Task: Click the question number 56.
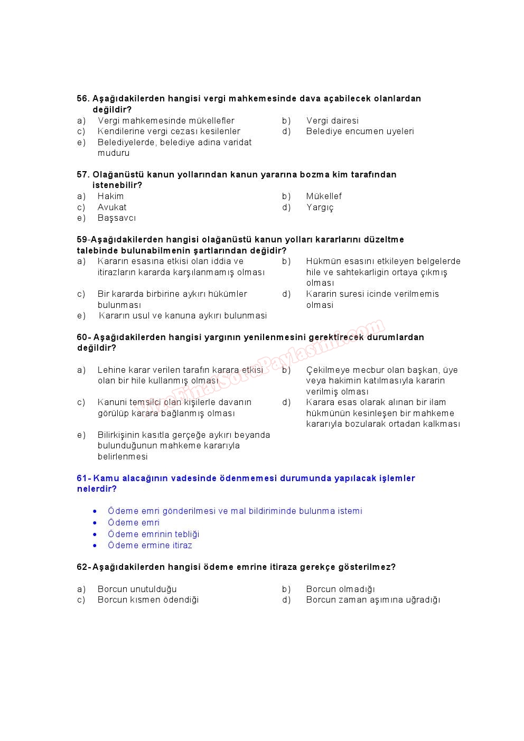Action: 83,99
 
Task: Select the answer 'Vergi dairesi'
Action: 332,121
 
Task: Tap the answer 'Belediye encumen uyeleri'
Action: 360,132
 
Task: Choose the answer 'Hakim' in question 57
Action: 110,196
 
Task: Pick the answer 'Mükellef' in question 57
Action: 324,196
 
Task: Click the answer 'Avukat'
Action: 112,208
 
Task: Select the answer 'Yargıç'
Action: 320,208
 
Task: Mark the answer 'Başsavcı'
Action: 116,218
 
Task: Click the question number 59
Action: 82,240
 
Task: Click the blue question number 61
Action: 82,479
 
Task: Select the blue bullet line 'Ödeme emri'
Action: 134,523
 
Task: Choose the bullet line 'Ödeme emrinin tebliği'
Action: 153,534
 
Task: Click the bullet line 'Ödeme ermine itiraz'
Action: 149,546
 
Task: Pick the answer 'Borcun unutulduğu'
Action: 137,589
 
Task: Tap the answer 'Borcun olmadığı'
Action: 340,589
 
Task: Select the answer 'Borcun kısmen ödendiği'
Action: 148,600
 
